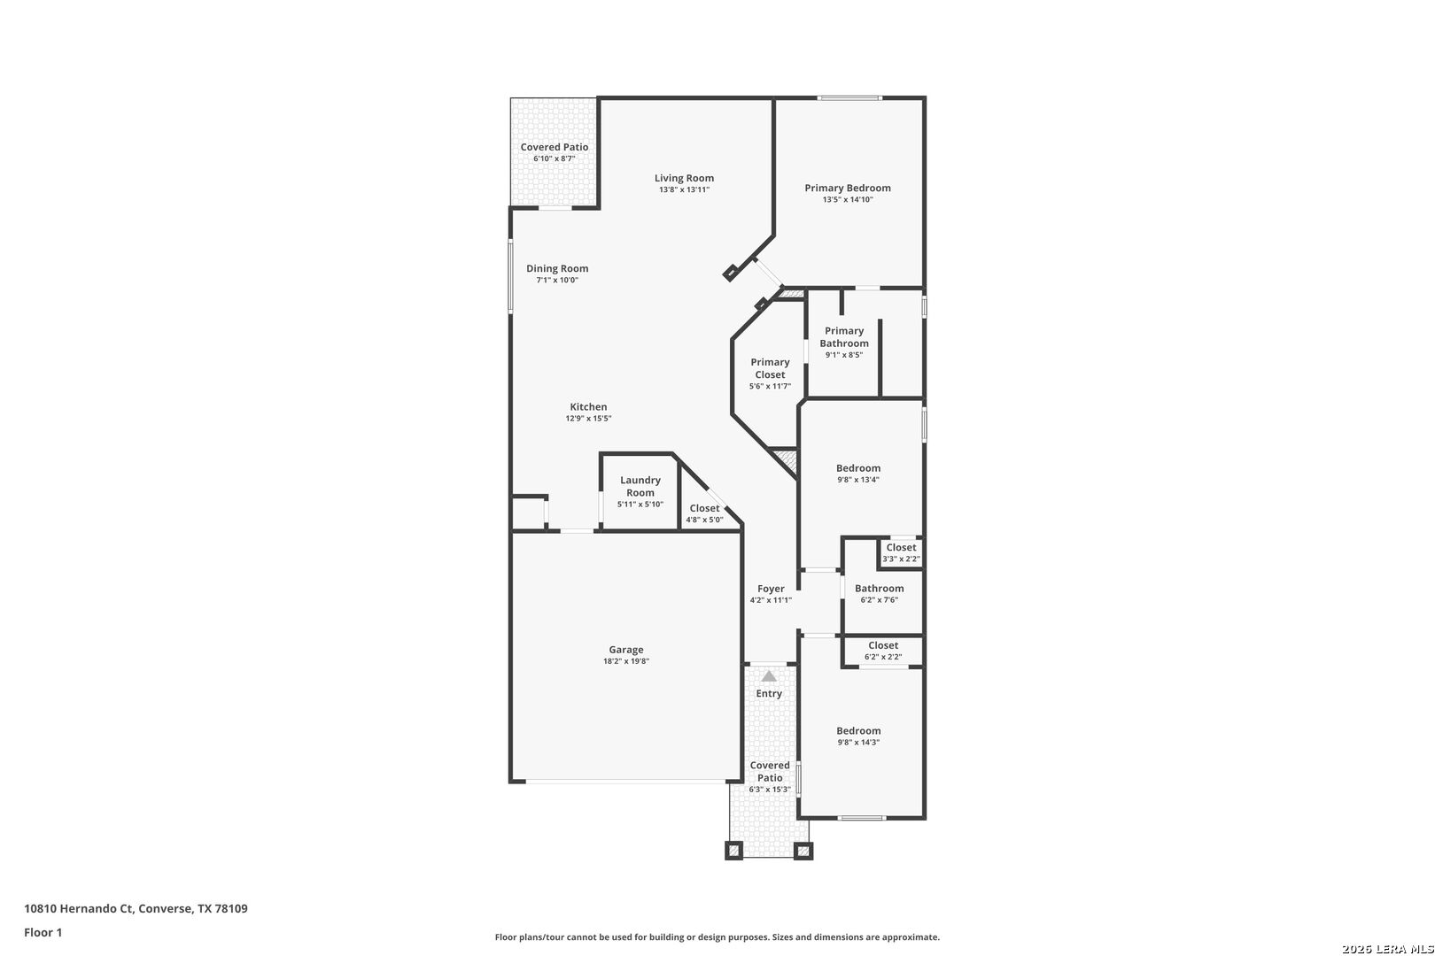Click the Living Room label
tap(684, 178)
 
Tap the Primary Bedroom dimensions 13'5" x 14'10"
tap(848, 199)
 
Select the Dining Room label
tap(557, 268)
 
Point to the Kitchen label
tap(589, 406)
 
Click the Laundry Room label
tap(640, 486)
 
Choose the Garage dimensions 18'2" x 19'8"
tap(626, 661)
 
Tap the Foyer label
tap(771, 589)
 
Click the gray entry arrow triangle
tap(769, 676)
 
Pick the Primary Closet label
tap(770, 368)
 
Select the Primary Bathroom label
tap(844, 336)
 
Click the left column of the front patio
tap(734, 851)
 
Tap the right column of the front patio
tap(803, 851)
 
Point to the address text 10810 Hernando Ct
tap(78, 908)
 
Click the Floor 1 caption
tap(43, 932)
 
